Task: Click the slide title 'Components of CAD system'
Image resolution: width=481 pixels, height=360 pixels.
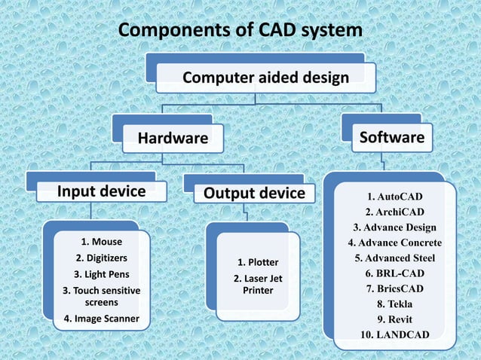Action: (240, 30)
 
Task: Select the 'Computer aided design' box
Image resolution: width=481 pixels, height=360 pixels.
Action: (266, 78)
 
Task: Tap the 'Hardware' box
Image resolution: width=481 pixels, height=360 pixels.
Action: (172, 138)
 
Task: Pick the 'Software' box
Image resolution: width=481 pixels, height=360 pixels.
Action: (391, 137)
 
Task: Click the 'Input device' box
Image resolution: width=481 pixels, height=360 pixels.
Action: (102, 191)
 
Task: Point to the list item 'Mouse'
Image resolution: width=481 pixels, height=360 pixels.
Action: (101, 242)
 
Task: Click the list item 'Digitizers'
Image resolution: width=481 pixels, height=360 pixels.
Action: (101, 258)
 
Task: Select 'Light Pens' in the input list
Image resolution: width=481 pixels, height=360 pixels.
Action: (101, 273)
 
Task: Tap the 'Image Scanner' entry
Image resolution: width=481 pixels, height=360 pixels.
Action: (101, 319)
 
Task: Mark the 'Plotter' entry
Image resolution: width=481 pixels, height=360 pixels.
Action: (258, 262)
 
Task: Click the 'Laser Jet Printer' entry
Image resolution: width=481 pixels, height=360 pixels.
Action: (258, 283)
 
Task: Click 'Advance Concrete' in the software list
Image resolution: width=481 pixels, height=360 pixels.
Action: (394, 243)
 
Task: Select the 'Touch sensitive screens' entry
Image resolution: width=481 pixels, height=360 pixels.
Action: (101, 295)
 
